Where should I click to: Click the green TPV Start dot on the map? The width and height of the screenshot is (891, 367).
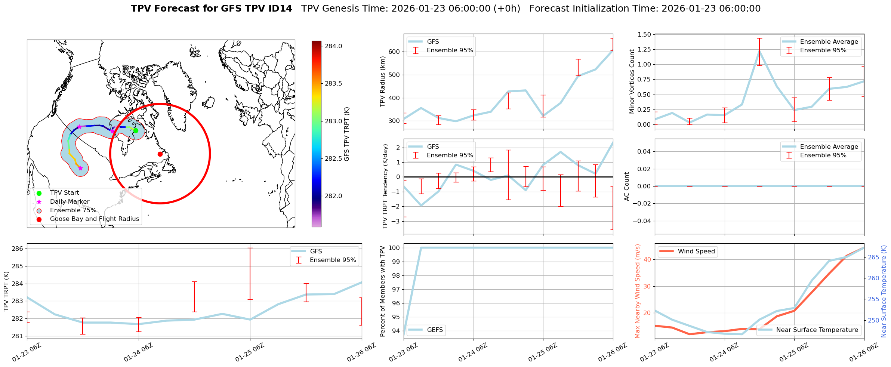[136, 130]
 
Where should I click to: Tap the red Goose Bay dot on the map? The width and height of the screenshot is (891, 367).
[160, 154]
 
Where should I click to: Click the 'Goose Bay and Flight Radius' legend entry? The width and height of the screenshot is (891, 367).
[94, 219]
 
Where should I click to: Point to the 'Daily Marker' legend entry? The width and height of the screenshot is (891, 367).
[70, 202]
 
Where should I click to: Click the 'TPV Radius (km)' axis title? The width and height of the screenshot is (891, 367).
[382, 81]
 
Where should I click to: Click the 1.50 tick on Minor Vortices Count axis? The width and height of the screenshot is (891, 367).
[645, 34]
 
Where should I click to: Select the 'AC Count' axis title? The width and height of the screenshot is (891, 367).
[627, 186]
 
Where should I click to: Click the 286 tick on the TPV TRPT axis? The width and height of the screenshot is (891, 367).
[19, 249]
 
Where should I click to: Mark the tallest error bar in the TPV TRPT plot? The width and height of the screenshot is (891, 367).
[250, 274]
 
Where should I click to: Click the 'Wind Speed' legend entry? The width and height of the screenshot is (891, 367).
[696, 252]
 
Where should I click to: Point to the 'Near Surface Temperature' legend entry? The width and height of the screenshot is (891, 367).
[817, 330]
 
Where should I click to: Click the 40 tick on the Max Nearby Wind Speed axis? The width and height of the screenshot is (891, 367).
[647, 259]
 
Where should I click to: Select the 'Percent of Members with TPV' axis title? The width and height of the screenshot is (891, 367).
[382, 291]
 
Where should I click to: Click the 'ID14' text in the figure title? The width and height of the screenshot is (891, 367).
[278, 9]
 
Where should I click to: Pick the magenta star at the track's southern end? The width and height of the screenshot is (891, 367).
[80, 168]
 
